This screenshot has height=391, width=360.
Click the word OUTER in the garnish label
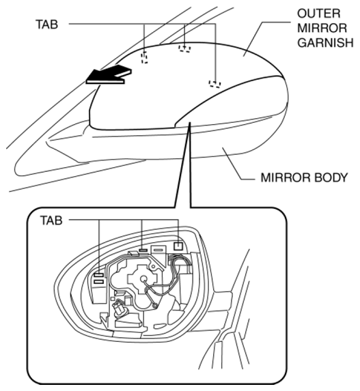point(318,14)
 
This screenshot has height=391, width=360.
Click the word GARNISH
point(325,42)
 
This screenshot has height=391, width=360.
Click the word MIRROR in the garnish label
point(322,28)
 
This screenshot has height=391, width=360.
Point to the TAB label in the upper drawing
point(47,25)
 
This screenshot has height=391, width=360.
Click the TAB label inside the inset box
point(51,220)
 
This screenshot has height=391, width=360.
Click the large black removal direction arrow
point(109,74)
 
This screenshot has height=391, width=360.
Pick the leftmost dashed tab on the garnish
point(144,57)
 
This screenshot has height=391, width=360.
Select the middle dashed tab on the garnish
point(184,48)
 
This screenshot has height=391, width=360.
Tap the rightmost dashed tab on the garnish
point(215,84)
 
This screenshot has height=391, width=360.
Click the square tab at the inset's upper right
point(178,246)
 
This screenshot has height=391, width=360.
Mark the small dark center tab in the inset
point(143,250)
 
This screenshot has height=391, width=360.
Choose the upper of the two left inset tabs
point(99,275)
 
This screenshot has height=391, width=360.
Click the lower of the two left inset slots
point(99,282)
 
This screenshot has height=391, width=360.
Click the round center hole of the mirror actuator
point(143,278)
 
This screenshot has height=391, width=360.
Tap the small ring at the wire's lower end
point(155,305)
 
